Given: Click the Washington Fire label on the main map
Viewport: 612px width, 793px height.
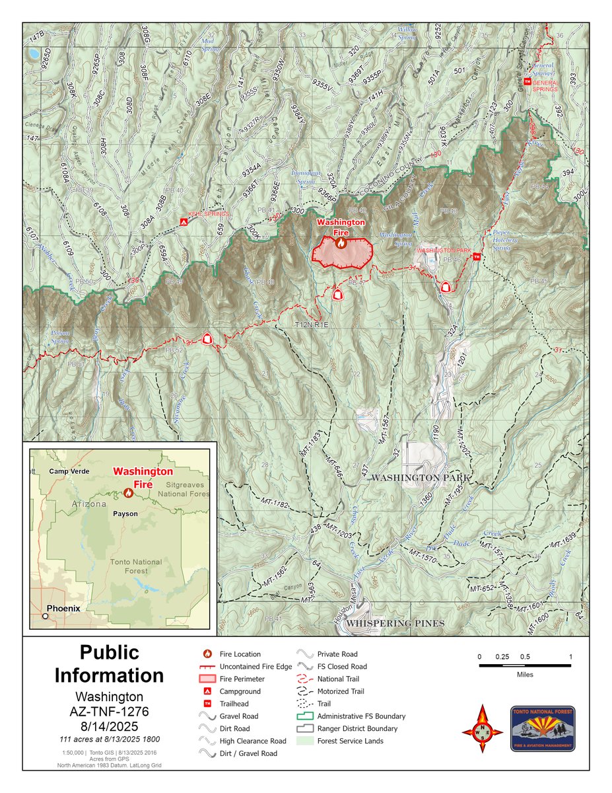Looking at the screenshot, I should tap(341, 227).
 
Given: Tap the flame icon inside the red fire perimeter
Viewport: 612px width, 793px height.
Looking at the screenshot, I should tap(341, 243).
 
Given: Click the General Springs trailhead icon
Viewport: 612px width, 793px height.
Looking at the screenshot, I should tap(526, 81).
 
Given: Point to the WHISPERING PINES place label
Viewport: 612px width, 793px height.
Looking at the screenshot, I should tap(395, 623).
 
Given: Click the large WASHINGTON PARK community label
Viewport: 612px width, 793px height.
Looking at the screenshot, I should tap(423, 477).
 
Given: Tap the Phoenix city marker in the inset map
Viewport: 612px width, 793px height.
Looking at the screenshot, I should tap(45, 616).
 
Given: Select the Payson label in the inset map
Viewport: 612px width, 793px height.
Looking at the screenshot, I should tap(125, 513).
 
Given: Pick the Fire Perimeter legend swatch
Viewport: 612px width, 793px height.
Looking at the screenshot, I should tap(207, 679).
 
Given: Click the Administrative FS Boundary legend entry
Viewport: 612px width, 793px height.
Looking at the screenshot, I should tap(360, 716).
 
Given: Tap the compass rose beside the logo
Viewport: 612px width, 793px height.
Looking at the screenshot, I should tap(482, 728).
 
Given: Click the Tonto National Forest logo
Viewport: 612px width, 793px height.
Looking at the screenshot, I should tap(542, 728).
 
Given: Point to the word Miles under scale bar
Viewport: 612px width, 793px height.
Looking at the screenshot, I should tap(525, 675).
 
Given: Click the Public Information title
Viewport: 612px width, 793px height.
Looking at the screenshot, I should tap(109, 663).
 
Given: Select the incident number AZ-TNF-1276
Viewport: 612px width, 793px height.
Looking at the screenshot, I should tap(109, 711).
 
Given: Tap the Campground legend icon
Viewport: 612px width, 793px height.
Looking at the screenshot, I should tap(207, 691).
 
